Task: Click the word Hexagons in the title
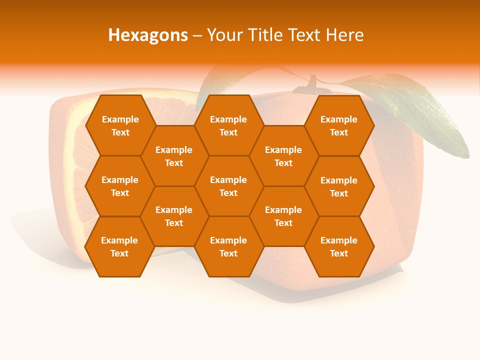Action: (x=148, y=35)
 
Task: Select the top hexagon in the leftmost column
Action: (x=120, y=125)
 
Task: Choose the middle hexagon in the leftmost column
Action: (x=120, y=186)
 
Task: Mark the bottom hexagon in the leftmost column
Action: (x=119, y=246)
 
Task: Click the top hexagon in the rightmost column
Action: (x=339, y=125)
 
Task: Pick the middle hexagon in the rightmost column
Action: (x=339, y=186)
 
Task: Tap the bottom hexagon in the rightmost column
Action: (x=339, y=246)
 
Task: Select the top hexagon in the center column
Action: (x=228, y=125)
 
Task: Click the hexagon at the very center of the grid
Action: (x=228, y=186)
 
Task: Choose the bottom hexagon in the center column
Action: (x=228, y=246)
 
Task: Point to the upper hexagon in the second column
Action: (x=174, y=156)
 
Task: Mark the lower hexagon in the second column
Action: (x=174, y=216)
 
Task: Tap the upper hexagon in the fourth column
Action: (x=283, y=156)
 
